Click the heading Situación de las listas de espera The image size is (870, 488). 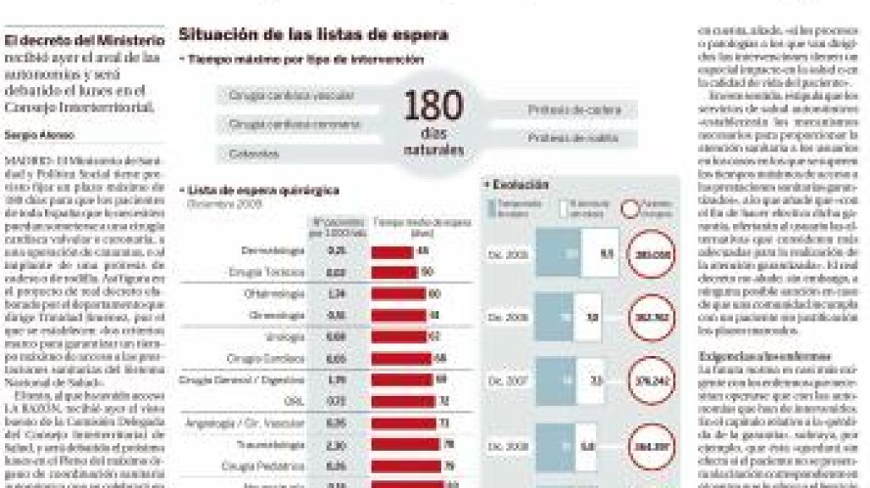click(312, 36)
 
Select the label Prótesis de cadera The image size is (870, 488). click(575, 109)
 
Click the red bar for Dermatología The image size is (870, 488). click(393, 251)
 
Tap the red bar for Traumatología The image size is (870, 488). click(405, 442)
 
